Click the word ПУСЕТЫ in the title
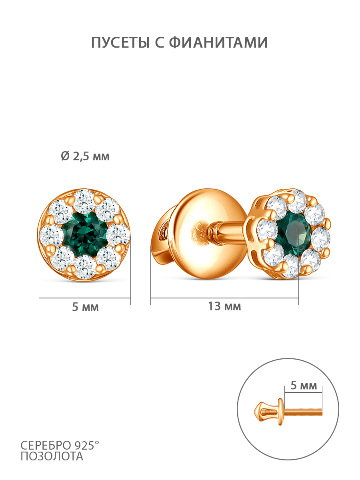tap(120, 42)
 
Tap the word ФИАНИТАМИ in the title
tap(218, 42)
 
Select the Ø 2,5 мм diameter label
tap(85, 156)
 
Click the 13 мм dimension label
tap(224, 306)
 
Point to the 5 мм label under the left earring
tap(85, 307)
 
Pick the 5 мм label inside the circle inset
tap(303, 385)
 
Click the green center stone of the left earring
tap(85, 234)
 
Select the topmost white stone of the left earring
tap(84, 202)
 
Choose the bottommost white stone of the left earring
tap(85, 267)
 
